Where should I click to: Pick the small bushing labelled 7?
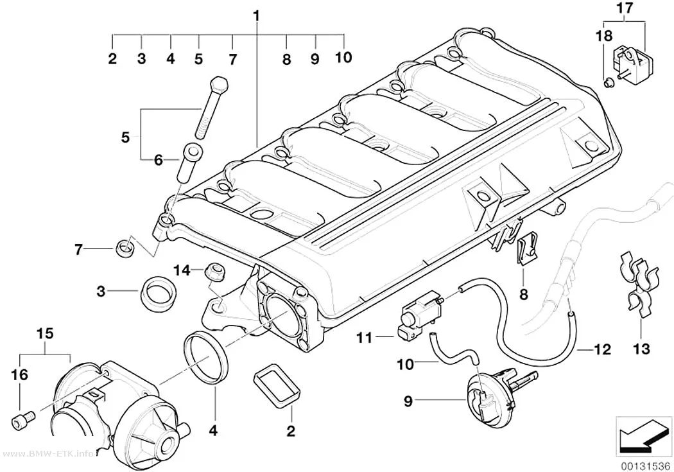[125, 248]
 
